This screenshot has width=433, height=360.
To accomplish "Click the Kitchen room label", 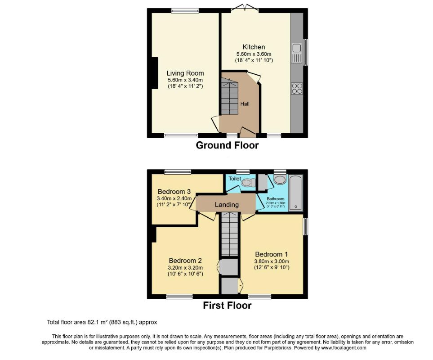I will click(254, 47).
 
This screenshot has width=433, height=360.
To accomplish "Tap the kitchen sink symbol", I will click(296, 53).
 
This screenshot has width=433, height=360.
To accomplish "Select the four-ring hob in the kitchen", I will click(297, 88).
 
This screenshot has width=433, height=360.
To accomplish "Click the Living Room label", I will click(185, 73).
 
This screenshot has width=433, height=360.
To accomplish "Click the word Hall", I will click(245, 104).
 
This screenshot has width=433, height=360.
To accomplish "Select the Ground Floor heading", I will click(227, 145).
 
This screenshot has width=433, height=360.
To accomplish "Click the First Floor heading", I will click(227, 306).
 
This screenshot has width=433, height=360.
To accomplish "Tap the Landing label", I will click(227, 205).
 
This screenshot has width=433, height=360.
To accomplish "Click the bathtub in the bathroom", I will click(295, 193).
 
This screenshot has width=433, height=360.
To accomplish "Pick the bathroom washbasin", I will click(280, 180).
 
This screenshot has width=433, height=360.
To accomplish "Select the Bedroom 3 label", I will click(174, 191).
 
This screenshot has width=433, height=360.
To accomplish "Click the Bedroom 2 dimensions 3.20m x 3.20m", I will click(185, 267).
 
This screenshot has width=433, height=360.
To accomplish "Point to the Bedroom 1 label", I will click(272, 254).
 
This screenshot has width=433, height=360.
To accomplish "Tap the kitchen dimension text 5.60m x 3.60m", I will click(254, 54).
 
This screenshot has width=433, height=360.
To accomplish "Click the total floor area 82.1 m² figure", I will click(116, 322).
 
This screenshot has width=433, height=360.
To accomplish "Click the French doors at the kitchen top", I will click(246, 8).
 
